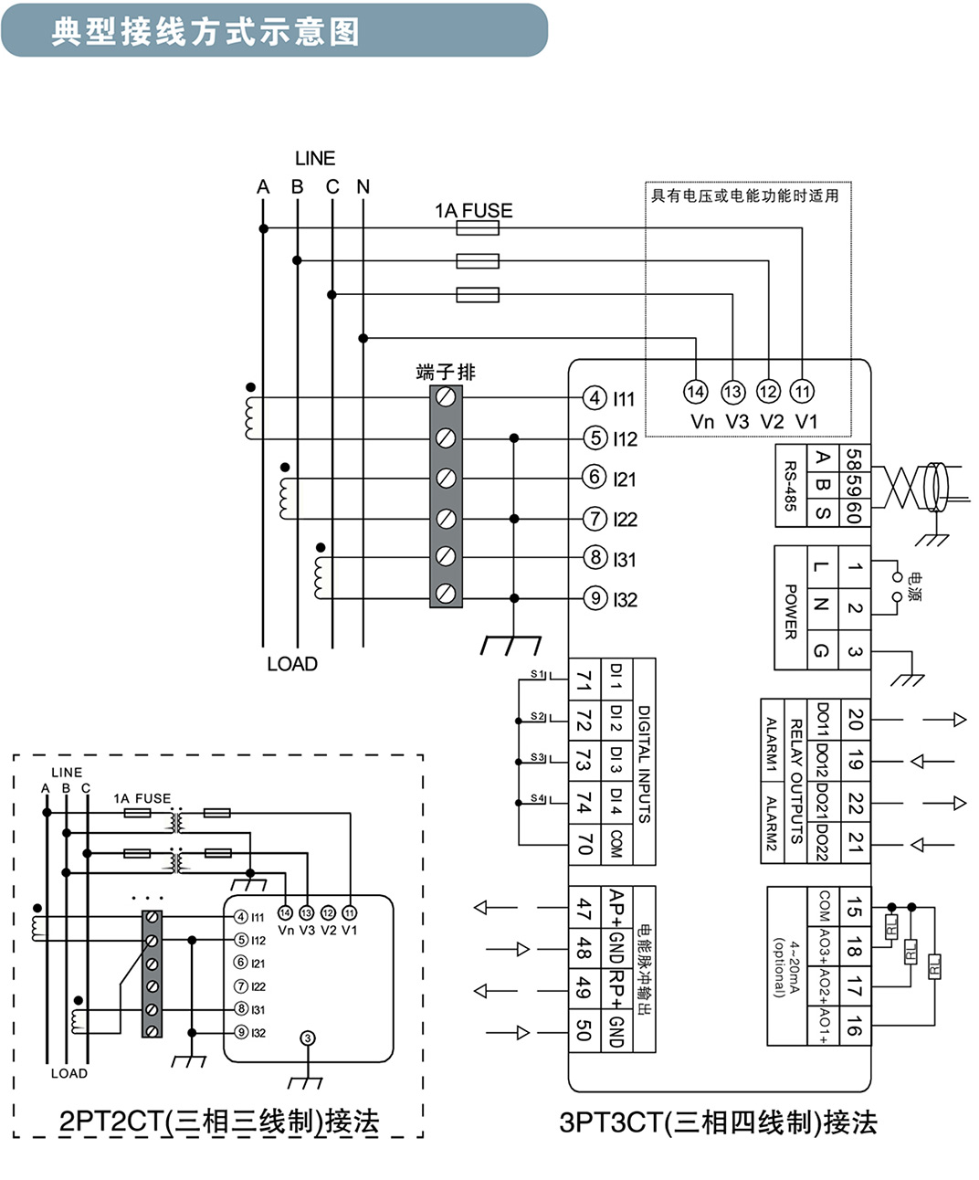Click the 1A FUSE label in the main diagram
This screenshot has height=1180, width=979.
[x=473, y=211]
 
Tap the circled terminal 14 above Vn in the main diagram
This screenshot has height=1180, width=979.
[x=695, y=392]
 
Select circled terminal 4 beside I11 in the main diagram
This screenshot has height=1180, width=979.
[x=595, y=398]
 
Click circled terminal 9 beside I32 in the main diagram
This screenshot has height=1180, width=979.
[x=595, y=598]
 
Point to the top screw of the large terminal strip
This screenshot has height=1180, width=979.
[x=446, y=397]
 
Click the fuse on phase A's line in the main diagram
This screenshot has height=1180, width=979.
[x=478, y=228]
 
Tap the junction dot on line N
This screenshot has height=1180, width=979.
[x=363, y=338]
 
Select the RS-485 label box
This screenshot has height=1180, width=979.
[x=791, y=486]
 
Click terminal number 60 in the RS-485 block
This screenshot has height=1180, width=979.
[x=854, y=512]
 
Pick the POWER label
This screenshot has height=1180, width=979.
[x=791, y=612]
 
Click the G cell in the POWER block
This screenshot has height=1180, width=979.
[x=823, y=651]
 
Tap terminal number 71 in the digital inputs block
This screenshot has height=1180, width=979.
[x=584, y=680]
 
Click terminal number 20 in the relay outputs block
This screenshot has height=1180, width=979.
[x=855, y=720]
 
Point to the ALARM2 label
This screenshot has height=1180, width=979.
[x=772, y=823]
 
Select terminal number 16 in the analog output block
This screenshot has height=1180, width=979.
[x=854, y=1025]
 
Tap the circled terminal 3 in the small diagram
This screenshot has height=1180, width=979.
[x=308, y=1038]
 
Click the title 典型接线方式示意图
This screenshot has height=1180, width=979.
[x=205, y=32]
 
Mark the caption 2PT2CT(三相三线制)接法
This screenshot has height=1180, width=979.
[x=219, y=1122]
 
